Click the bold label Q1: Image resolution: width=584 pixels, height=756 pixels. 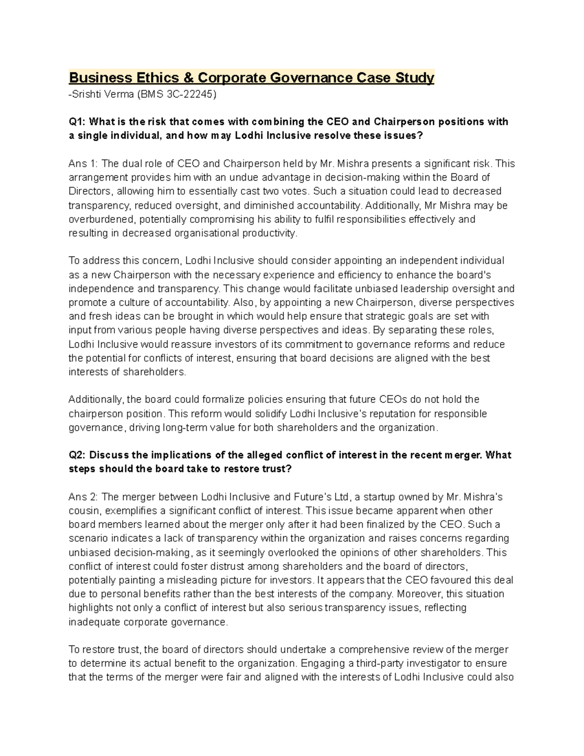[77, 122]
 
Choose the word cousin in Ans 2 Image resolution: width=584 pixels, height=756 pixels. [84, 511]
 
